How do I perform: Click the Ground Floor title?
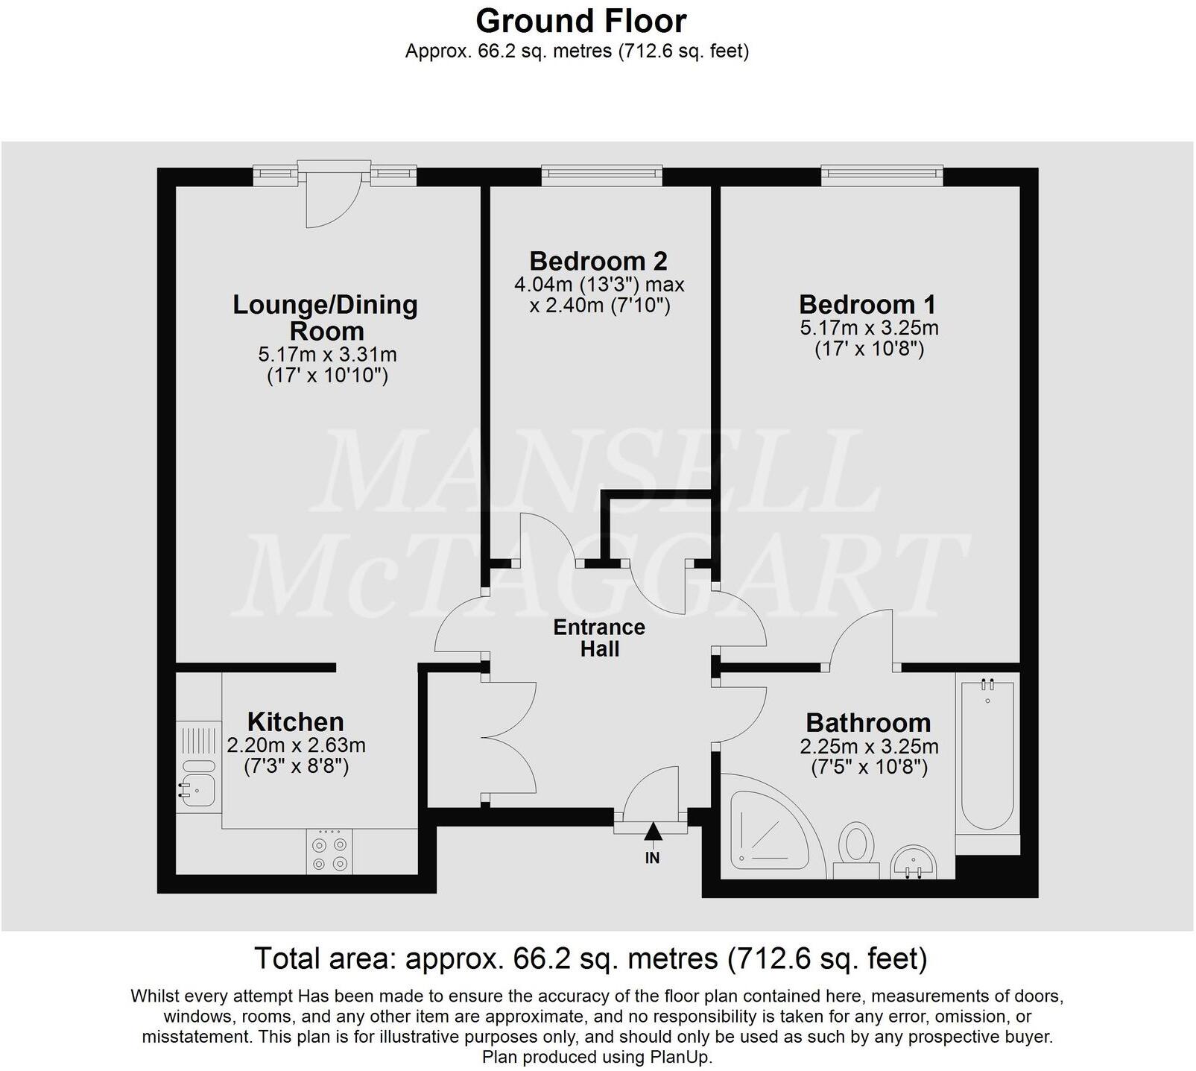(x=580, y=21)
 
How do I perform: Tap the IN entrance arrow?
(x=653, y=833)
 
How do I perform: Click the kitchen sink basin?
(x=198, y=789)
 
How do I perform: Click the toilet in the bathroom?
(x=856, y=850)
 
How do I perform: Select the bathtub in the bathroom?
(x=987, y=753)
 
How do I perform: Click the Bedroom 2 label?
(x=598, y=261)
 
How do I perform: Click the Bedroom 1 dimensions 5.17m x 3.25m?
(x=869, y=328)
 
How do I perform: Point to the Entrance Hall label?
(x=599, y=638)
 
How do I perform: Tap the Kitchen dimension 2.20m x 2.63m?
(x=296, y=745)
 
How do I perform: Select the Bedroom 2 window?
(x=601, y=174)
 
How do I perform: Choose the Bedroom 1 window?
(x=882, y=174)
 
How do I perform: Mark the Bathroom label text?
(x=868, y=723)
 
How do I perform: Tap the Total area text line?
(x=590, y=958)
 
